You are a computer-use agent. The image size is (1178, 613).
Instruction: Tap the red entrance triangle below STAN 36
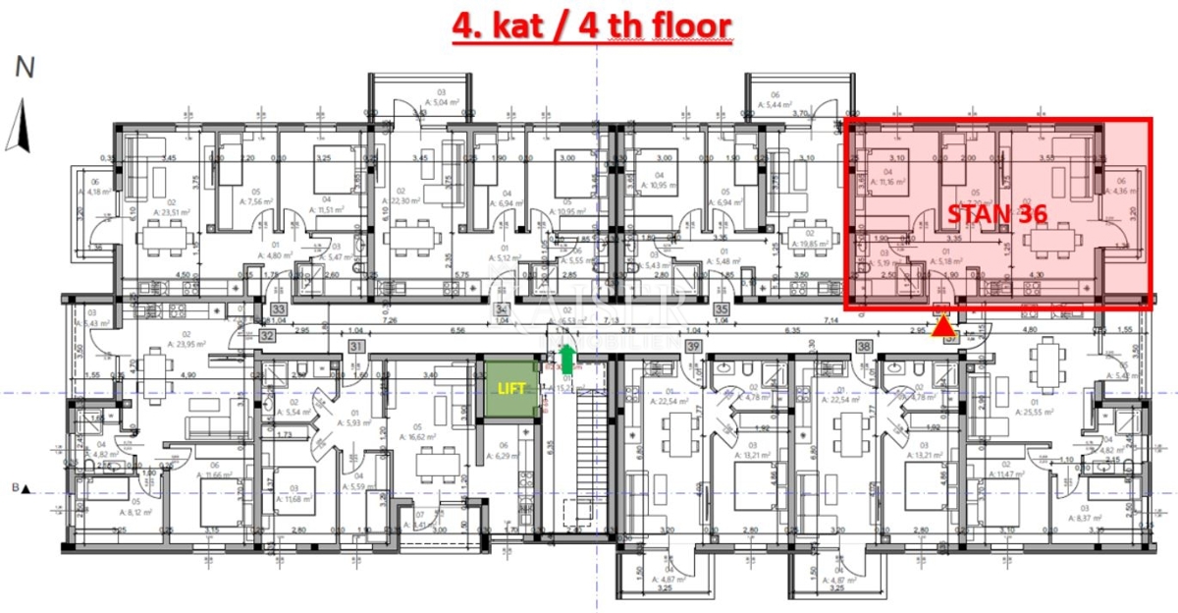943,328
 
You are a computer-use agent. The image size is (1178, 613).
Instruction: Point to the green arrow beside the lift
567,359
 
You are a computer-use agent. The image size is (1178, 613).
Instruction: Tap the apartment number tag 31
356,346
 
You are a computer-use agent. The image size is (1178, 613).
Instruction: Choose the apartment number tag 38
864,346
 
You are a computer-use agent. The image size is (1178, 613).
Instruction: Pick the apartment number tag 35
722,307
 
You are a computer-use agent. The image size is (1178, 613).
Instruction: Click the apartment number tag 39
694,346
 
